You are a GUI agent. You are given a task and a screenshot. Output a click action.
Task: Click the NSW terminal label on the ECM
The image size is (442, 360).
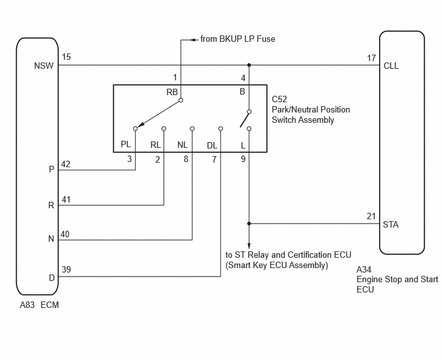(x=44, y=66)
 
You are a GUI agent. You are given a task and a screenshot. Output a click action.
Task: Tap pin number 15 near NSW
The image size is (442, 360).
(x=66, y=57)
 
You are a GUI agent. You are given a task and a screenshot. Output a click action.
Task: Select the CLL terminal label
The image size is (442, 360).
(x=391, y=66)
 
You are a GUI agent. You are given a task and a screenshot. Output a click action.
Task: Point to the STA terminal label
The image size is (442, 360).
(x=391, y=224)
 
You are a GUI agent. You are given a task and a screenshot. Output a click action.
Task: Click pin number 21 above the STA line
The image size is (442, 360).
(x=371, y=216)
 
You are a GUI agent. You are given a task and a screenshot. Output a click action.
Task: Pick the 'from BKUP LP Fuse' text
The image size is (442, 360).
(x=238, y=39)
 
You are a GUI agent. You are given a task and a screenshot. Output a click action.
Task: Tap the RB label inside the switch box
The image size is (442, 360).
(x=172, y=92)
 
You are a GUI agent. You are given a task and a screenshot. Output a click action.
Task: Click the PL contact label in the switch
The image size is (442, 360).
(x=126, y=144)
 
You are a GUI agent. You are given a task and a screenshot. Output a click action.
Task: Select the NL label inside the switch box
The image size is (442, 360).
(x=182, y=145)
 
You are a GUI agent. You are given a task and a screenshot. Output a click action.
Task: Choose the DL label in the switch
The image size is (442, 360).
(x=212, y=145)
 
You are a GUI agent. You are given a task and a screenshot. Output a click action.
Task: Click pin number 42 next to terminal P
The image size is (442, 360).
(x=66, y=164)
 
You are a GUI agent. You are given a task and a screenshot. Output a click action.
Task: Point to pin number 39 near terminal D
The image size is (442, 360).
(x=66, y=269)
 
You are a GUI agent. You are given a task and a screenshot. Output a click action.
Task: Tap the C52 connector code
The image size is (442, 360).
(x=279, y=99)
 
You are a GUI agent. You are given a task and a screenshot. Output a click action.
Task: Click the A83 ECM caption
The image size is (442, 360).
(x=39, y=305)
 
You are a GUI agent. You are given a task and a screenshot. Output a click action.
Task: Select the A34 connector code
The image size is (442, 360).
(x=364, y=269)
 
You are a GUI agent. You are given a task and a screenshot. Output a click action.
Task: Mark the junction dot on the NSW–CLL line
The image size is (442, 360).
(x=249, y=65)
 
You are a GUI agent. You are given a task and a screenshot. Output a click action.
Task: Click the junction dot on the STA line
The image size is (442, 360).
(x=249, y=224)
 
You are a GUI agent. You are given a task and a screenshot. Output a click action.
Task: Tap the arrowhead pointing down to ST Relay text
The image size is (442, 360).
(x=249, y=246)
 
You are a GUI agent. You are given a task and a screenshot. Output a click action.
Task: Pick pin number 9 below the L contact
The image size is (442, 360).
(x=243, y=159)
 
